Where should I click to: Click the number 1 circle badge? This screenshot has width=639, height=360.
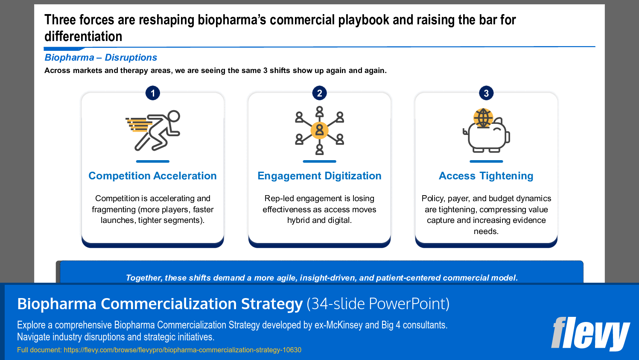point(153,93)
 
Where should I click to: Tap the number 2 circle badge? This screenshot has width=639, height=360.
point(319,93)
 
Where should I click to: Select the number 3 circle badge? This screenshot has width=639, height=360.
point(486,93)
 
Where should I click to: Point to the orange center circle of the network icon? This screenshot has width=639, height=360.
point(319,130)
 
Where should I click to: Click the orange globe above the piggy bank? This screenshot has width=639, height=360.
point(483,117)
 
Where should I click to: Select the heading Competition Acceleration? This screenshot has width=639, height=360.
point(152,176)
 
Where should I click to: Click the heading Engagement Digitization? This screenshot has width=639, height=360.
point(319,176)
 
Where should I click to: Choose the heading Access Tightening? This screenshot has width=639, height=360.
point(486,176)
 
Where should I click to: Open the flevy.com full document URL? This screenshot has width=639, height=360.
point(182,350)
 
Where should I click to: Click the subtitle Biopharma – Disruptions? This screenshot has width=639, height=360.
point(101,58)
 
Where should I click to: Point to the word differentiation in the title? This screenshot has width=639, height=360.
point(83,37)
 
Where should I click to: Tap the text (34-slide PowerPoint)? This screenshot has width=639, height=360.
point(378,304)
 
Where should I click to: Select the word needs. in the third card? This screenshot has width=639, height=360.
point(486,231)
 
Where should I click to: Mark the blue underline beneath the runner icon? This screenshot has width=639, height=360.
point(153,161)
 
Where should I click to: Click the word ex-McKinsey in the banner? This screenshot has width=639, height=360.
point(339,325)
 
